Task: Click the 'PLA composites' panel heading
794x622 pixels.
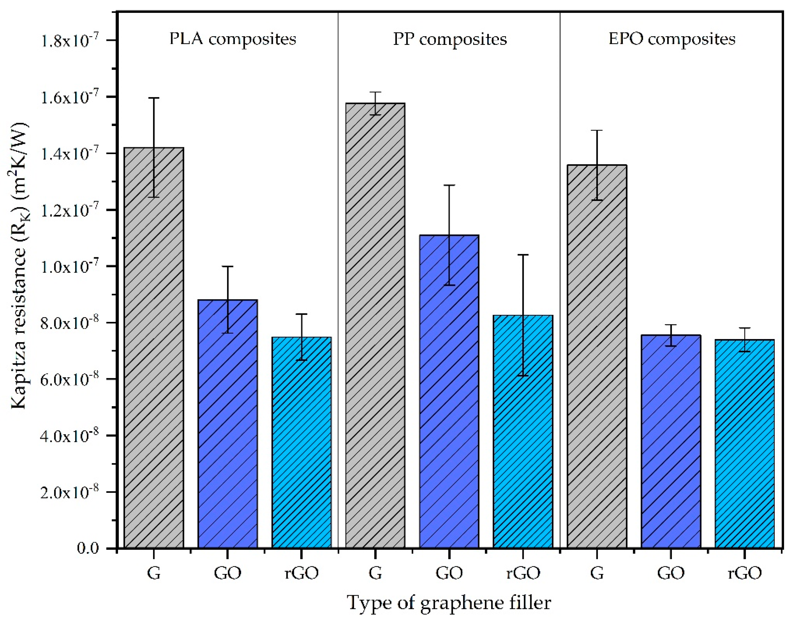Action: tap(233, 39)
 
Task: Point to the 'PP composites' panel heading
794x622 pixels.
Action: tap(450, 39)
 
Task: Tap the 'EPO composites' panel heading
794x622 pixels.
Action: tap(672, 39)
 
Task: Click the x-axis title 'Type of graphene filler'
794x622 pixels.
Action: tap(449, 603)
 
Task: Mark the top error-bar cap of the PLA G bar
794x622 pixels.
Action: tap(154, 98)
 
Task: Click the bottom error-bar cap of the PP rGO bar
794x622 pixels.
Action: tap(523, 375)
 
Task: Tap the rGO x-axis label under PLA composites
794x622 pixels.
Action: tap(301, 573)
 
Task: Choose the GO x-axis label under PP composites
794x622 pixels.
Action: tap(449, 573)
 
